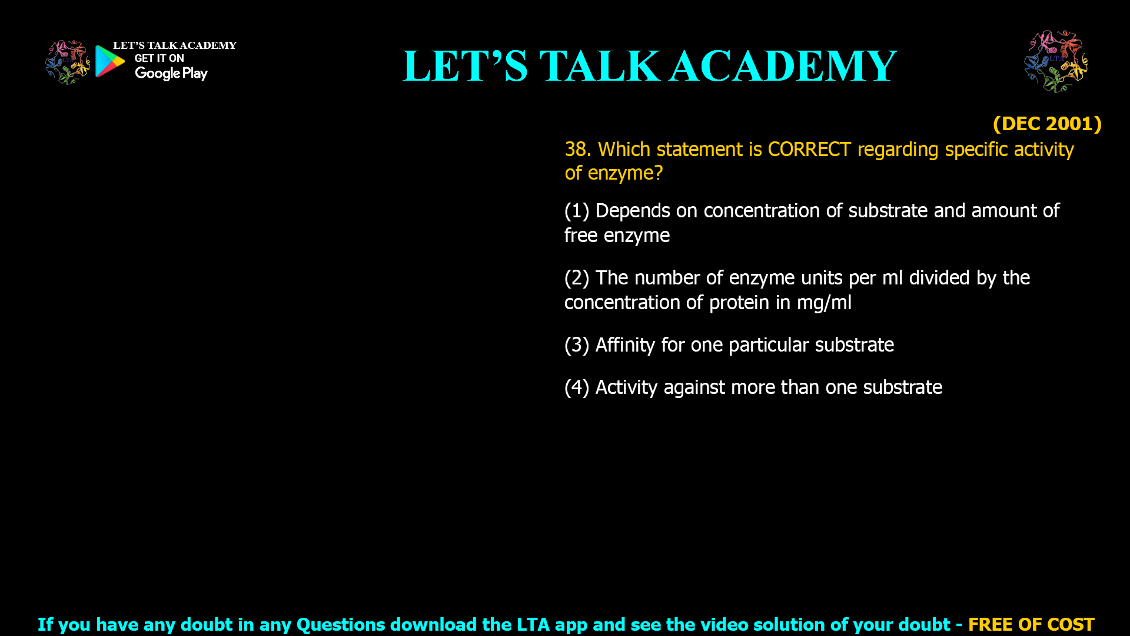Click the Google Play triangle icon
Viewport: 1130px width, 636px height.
pyautogui.click(x=109, y=61)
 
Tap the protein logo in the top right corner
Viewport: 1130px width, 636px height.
pyautogui.click(x=1056, y=61)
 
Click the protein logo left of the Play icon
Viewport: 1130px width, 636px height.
pyautogui.click(x=67, y=62)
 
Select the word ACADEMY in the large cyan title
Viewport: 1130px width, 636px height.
pyautogui.click(x=783, y=66)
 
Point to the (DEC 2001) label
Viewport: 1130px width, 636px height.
pyautogui.click(x=1047, y=124)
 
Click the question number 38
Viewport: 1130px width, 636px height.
pyautogui.click(x=577, y=150)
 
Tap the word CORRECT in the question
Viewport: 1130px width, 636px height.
pyautogui.click(x=809, y=150)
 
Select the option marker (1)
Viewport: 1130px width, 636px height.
pyautogui.click(x=577, y=211)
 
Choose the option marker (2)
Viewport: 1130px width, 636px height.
pyautogui.click(x=577, y=278)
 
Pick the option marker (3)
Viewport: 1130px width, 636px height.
pyautogui.click(x=577, y=345)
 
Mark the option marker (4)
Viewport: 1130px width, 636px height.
pyautogui.click(x=577, y=387)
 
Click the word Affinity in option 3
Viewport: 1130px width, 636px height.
pyautogui.click(x=625, y=345)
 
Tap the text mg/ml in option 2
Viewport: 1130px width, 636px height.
pyautogui.click(x=824, y=303)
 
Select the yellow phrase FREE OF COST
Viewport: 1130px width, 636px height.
pyautogui.click(x=1031, y=624)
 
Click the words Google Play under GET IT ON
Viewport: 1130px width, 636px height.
pyautogui.click(x=171, y=74)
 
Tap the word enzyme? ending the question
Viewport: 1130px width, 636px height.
pyautogui.click(x=625, y=173)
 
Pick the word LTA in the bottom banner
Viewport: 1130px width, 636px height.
pyautogui.click(x=533, y=624)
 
